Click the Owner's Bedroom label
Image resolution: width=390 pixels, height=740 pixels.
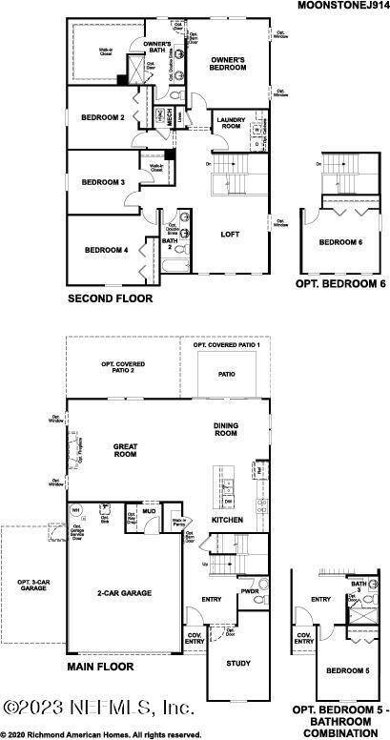pos(229,64)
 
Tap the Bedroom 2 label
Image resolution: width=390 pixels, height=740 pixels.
pos(104,117)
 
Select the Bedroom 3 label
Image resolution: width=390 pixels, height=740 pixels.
pos(103,181)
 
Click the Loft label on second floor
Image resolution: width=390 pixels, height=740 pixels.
pos(230,234)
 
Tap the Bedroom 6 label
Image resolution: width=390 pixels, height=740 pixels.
pos(339,242)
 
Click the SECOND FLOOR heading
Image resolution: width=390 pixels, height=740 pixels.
pos(109,298)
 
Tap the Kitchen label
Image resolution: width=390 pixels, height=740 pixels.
pos(228,520)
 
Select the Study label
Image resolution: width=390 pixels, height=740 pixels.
pos(237,663)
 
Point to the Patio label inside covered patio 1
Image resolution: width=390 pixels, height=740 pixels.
pos(226,375)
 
